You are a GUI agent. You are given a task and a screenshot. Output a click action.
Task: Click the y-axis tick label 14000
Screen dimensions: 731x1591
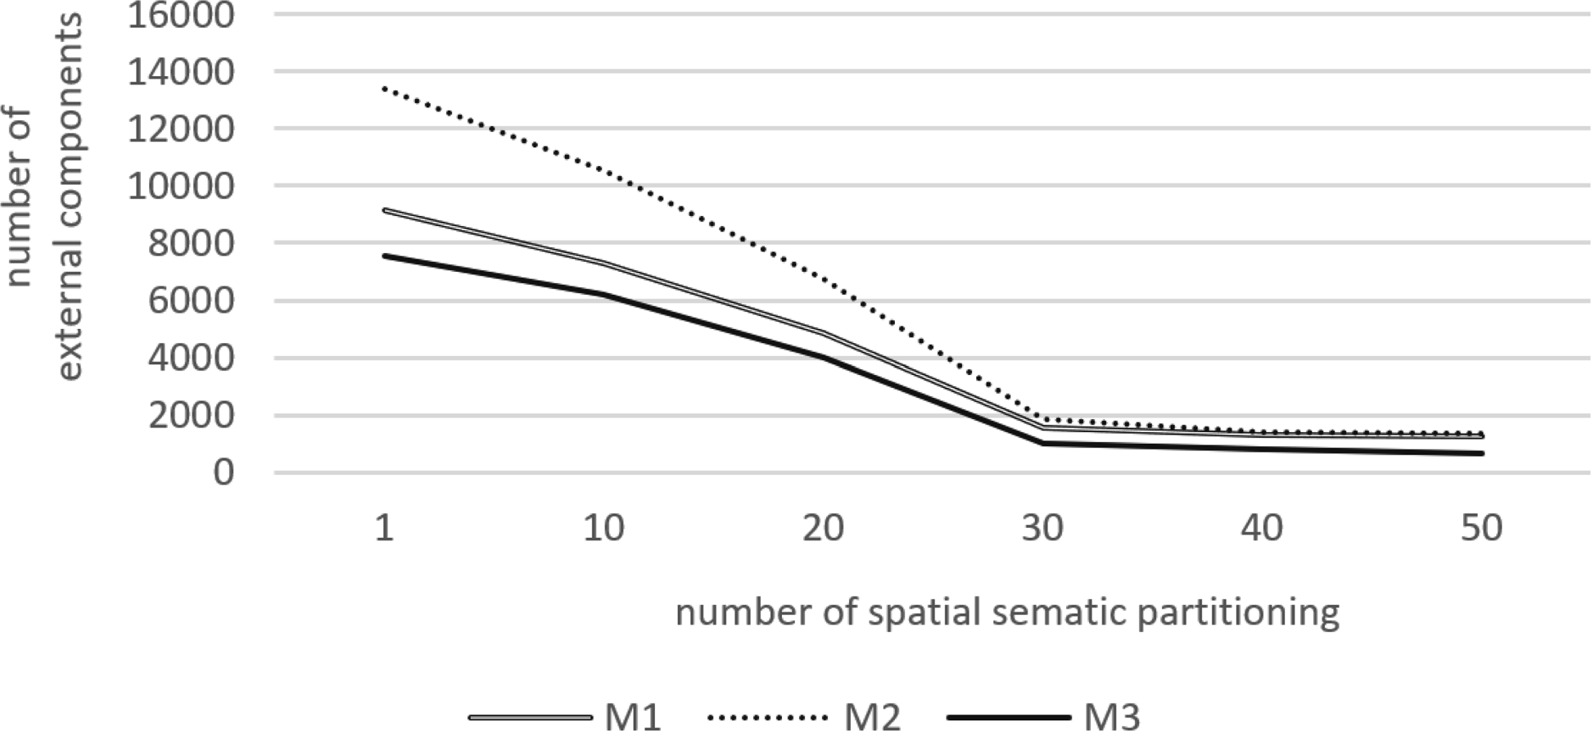coord(180,72)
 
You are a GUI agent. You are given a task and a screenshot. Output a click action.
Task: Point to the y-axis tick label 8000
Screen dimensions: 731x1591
coord(191,244)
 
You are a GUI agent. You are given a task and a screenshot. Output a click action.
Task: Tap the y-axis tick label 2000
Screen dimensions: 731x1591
coord(191,416)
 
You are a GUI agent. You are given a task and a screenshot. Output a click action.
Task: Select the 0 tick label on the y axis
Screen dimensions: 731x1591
coord(224,473)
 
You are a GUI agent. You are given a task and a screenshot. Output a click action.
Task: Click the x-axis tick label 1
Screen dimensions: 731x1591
coord(384,529)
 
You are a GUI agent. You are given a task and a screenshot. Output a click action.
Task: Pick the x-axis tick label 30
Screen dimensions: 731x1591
coord(1042,529)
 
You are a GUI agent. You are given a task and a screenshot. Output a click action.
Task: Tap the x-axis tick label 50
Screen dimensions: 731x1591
coord(1481,529)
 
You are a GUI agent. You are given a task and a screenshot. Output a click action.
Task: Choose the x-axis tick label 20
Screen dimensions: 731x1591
coord(823,529)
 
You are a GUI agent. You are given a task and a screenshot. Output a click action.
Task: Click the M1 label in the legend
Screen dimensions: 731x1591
coord(633,717)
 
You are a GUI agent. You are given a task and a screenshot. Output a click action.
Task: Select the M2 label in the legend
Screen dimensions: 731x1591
coord(873,717)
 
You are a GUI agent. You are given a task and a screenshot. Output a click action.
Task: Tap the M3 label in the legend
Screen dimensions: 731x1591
coord(1112,717)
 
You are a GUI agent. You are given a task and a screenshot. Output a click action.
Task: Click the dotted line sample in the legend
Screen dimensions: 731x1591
coord(766,718)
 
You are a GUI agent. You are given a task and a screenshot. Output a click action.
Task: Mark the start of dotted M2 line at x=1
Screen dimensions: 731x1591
coord(385,88)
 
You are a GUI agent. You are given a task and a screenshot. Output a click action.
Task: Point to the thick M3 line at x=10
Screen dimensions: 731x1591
coord(604,294)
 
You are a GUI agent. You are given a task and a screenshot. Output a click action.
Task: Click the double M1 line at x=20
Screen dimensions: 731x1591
coord(823,333)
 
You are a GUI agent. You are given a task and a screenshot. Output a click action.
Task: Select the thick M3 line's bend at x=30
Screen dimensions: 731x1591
coord(1042,444)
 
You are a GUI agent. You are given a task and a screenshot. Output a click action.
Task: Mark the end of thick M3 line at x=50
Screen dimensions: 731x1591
coord(1481,453)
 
